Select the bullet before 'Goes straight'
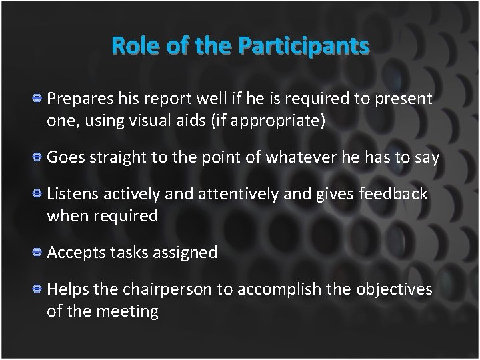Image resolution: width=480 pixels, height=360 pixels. pos(39,158)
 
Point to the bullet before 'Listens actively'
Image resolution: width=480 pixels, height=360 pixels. pos(39,194)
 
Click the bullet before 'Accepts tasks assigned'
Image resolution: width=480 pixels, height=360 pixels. pos(39,253)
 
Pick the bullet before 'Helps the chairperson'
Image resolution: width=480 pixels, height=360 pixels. pos(39,289)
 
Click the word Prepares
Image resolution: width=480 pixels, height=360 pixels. pos(75,100)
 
